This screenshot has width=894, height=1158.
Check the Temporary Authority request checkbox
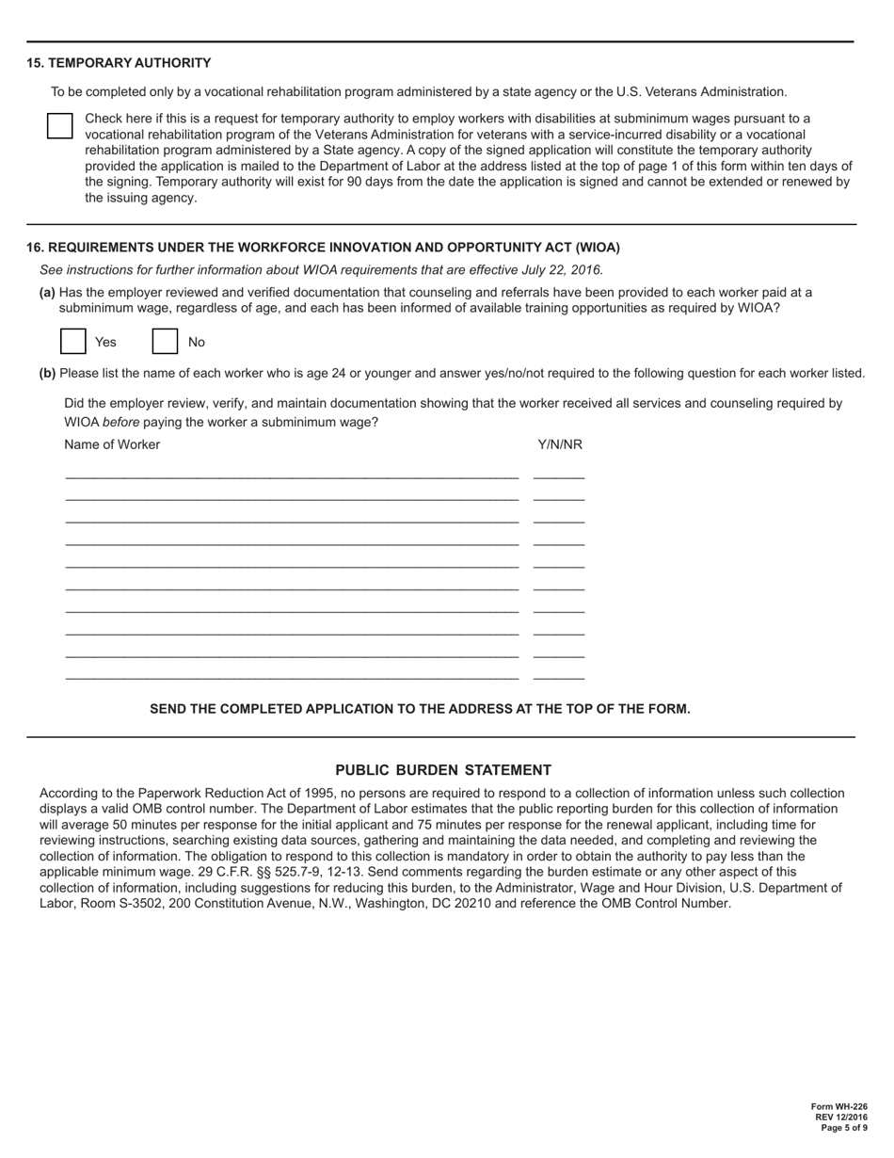tap(60, 126)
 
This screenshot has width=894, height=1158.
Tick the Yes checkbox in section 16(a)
tap(73, 341)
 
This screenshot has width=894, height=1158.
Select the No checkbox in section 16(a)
tap(165, 341)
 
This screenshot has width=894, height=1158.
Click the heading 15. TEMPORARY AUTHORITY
tap(119, 63)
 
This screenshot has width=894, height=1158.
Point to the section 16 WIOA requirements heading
tap(323, 248)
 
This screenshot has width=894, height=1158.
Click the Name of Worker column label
tap(112, 444)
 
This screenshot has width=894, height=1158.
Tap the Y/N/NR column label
tap(560, 444)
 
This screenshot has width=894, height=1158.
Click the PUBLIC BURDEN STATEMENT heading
tap(443, 770)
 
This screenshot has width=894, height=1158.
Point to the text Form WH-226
tap(839, 1107)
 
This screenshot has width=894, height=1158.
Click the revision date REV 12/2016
tap(844, 1118)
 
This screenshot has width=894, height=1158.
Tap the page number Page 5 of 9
tap(844, 1128)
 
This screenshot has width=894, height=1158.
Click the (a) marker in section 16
tap(47, 293)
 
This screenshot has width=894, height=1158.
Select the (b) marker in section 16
tap(47, 373)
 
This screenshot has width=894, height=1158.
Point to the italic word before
tap(120, 422)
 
